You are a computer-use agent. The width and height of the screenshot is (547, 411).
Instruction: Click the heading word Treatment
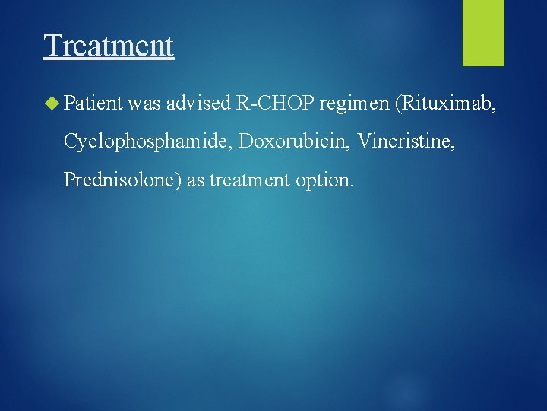point(109,46)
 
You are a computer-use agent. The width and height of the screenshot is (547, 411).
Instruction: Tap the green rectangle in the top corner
point(483,32)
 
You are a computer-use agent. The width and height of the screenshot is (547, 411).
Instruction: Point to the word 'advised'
point(199,103)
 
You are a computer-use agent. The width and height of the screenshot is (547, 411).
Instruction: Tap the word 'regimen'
point(354,104)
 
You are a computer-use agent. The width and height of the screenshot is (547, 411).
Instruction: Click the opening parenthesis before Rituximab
point(399,103)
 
